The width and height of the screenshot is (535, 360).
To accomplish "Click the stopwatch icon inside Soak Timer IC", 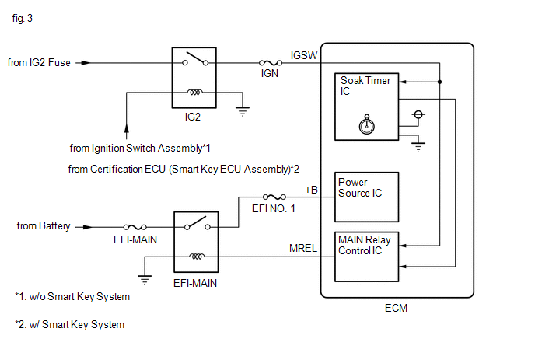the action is click(x=367, y=124).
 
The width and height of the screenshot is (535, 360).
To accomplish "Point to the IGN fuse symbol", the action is click(x=271, y=63).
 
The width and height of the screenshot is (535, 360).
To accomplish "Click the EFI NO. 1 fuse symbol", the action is click(x=274, y=197).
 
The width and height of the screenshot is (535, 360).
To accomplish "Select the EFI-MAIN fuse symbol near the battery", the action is click(x=135, y=227).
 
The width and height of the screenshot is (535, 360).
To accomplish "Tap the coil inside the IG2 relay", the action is click(x=194, y=92).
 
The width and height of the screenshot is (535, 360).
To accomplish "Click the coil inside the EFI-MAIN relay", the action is click(x=197, y=257).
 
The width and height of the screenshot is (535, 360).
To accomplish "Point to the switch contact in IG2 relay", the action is click(x=195, y=58).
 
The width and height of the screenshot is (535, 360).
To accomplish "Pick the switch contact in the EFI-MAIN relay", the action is click(x=198, y=223).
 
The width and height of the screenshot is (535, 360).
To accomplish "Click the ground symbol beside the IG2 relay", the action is click(x=243, y=112).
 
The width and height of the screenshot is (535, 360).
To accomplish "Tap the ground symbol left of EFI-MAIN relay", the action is click(x=145, y=280).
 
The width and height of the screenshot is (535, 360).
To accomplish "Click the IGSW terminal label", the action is click(x=304, y=55).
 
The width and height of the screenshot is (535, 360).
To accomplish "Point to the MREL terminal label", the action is click(x=303, y=248).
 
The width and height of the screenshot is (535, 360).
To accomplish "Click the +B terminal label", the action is click(x=311, y=190).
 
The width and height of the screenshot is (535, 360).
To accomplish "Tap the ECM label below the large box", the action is click(x=396, y=308).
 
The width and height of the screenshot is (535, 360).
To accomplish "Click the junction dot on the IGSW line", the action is click(x=440, y=82).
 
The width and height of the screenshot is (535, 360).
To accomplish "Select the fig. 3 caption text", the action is click(x=23, y=18).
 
